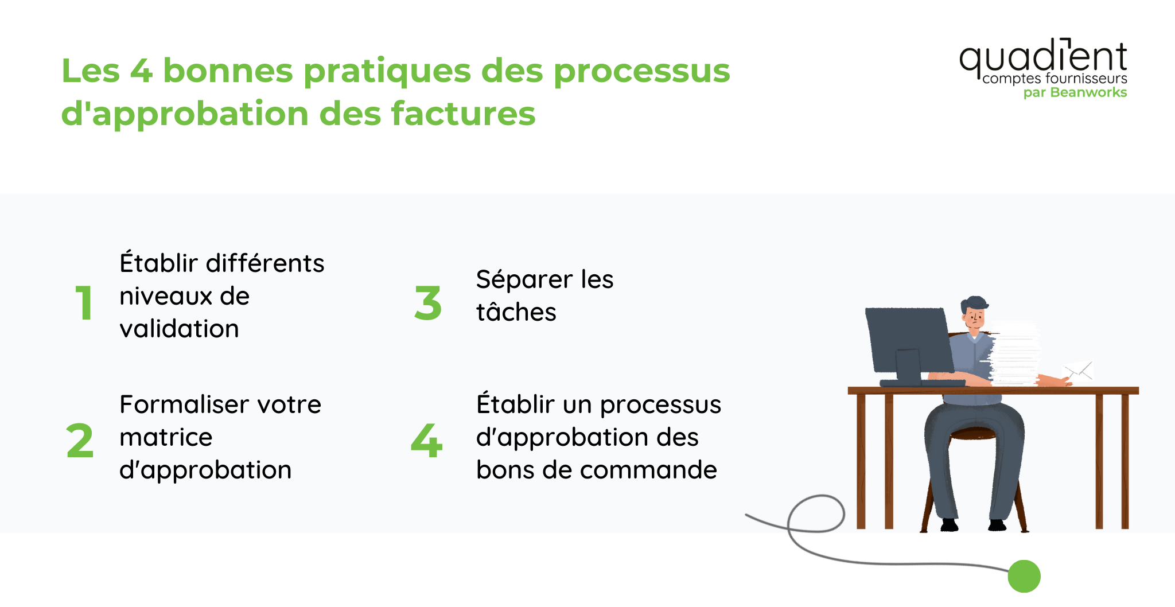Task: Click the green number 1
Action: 84,303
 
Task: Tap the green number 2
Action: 80,441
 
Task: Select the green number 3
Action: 428,303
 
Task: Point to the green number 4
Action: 427,441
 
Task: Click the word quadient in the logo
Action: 1043,57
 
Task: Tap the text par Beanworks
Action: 1075,92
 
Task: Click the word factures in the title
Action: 463,113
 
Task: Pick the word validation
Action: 179,329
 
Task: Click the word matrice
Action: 166,437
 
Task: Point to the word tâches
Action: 516,312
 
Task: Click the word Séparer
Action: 524,280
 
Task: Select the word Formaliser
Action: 184,404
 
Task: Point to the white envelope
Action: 1079,371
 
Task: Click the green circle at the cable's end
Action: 1024,576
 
